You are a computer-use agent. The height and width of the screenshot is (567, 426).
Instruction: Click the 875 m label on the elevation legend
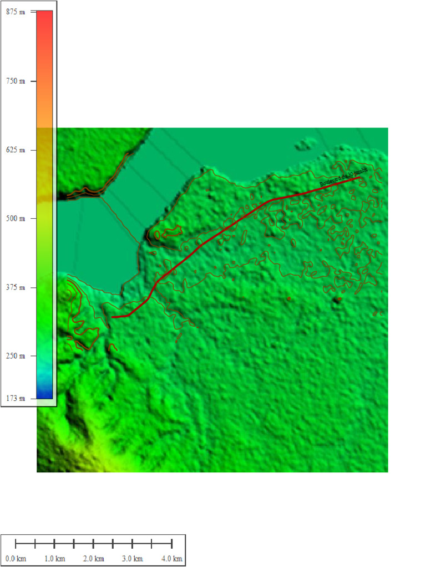[16, 12]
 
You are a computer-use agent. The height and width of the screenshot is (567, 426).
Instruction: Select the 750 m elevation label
[16, 81]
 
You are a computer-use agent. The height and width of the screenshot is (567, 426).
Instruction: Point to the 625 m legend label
[16, 150]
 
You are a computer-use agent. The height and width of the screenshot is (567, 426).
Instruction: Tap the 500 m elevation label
[16, 219]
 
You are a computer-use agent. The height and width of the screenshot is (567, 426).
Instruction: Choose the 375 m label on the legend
[16, 287]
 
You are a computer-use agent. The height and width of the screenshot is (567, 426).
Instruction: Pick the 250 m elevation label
[16, 356]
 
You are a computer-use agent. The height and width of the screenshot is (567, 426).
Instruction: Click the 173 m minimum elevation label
[16, 398]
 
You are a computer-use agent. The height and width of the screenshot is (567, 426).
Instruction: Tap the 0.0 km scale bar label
[16, 558]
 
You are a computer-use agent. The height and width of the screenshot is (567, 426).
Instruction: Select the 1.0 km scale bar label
[54, 558]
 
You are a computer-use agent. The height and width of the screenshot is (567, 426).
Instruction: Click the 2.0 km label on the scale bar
[93, 558]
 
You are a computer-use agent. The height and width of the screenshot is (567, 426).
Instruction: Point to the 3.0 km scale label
[132, 558]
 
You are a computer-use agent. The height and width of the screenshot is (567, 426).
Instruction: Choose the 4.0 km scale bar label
[171, 558]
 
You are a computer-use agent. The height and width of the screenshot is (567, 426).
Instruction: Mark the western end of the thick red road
[113, 317]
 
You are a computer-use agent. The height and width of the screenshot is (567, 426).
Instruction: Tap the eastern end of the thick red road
[359, 178]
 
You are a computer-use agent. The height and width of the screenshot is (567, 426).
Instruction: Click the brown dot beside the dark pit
[289, 299]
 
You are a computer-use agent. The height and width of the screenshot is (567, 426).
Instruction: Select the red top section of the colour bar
[44, 22]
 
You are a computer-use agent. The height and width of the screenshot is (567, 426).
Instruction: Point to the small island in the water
[303, 145]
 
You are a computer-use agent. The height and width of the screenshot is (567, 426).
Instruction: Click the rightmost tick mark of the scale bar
[171, 543]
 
